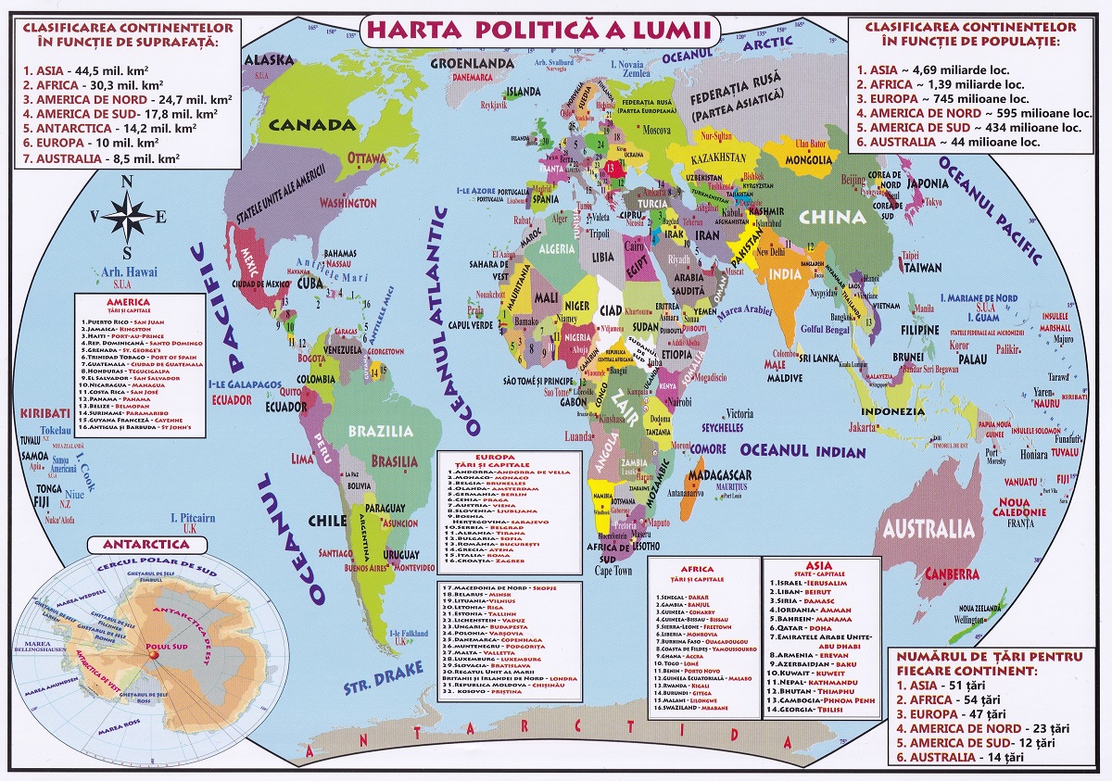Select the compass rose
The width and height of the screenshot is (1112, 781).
point(129,217)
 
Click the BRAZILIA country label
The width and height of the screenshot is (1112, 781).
point(381,431)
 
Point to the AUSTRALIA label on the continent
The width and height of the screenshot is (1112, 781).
point(929,530)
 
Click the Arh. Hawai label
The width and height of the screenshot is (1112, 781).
point(129,271)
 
